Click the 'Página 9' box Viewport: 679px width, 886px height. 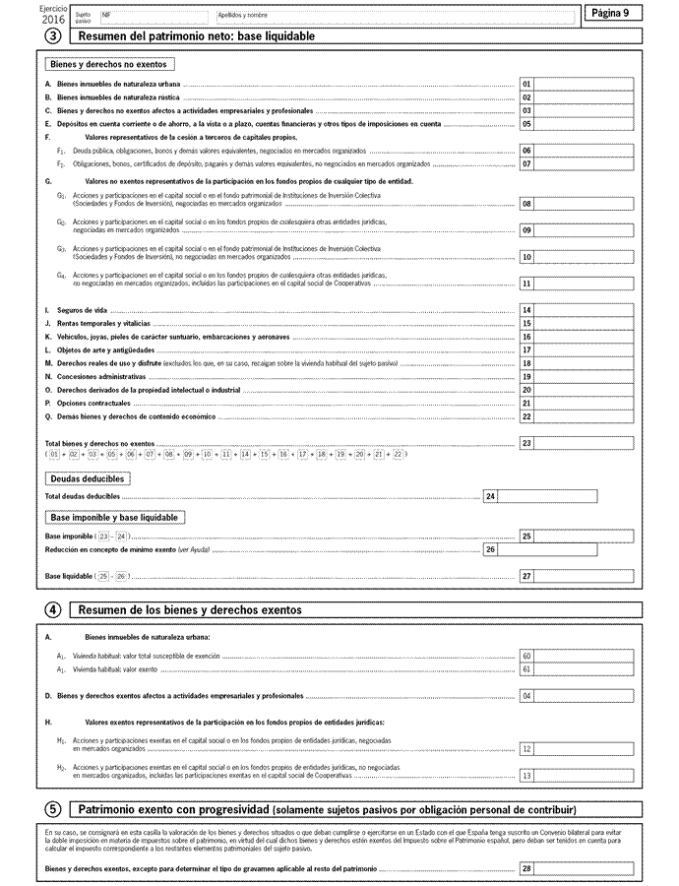pyautogui.click(x=613, y=12)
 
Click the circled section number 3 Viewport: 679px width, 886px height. pyautogui.click(x=53, y=35)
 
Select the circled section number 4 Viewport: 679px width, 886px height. pyautogui.click(x=53, y=610)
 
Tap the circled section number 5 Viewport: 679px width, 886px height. pyautogui.click(x=53, y=808)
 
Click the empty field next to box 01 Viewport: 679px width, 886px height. pyautogui.click(x=588, y=85)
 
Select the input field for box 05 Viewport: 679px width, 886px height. pyautogui.click(x=588, y=124)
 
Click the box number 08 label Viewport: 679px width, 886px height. pyautogui.click(x=526, y=204)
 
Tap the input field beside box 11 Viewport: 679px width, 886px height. pyautogui.click(x=588, y=284)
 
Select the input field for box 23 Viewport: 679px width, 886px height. pyautogui.click(x=588, y=444)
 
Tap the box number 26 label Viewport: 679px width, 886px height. pyautogui.click(x=490, y=549)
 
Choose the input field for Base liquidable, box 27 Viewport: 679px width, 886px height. pyautogui.click(x=588, y=575)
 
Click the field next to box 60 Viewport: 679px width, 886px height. pyautogui.click(x=588, y=656)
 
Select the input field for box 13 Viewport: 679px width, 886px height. pyautogui.click(x=588, y=775)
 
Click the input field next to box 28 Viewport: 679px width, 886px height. pyautogui.click(x=588, y=868)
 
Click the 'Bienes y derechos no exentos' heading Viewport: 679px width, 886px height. pyautogui.click(x=109, y=64)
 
